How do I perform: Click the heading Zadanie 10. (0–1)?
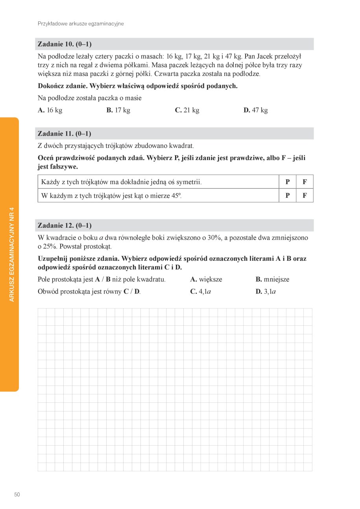click(65, 44)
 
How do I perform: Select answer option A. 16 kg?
click(50, 110)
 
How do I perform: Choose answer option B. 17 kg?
click(118, 110)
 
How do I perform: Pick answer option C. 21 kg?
click(187, 110)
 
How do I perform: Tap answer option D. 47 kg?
click(255, 110)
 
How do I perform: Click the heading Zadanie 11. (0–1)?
click(65, 134)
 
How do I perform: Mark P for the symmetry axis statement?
click(288, 182)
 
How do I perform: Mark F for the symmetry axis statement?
click(305, 182)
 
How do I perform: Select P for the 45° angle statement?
click(288, 195)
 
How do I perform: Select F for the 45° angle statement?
click(305, 195)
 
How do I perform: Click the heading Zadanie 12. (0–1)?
click(65, 225)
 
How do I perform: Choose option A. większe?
click(206, 279)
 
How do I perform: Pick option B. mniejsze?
click(272, 279)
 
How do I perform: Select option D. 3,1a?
click(266, 291)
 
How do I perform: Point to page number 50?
click(17, 494)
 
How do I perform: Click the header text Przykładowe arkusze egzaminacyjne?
click(81, 24)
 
